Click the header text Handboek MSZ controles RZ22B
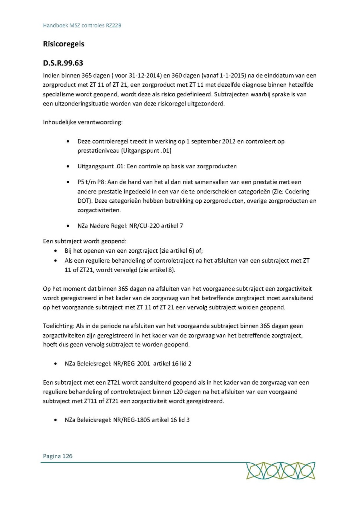(82, 25)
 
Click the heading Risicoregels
(64, 44)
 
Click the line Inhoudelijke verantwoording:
(83, 122)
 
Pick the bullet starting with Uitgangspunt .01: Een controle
(157, 166)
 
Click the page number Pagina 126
(58, 456)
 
